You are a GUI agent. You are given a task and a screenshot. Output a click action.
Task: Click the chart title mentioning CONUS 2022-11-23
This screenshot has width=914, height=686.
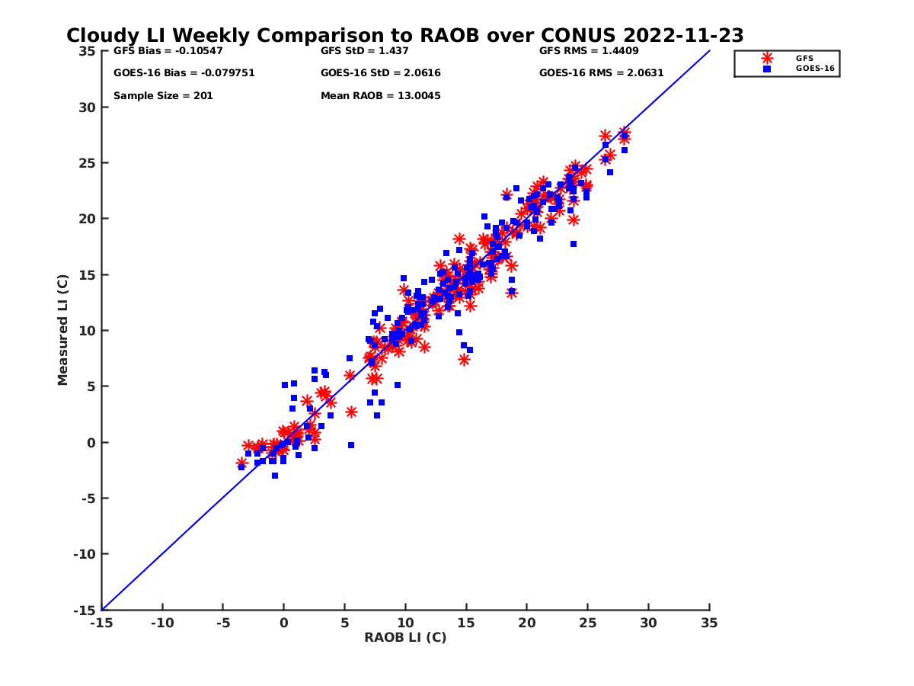(x=404, y=36)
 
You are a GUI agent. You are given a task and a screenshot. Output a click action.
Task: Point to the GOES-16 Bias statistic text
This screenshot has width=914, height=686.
(x=184, y=73)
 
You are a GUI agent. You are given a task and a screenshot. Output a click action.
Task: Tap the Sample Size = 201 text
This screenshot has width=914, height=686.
(x=163, y=96)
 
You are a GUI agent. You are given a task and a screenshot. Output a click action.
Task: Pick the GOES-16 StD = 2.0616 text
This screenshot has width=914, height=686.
(x=380, y=73)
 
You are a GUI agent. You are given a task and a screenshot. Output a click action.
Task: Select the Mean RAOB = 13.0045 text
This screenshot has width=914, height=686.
(x=380, y=96)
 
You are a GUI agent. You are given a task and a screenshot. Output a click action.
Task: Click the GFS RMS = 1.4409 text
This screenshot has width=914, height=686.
(x=589, y=51)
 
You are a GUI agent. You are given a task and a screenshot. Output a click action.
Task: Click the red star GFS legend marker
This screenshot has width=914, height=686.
(x=767, y=58)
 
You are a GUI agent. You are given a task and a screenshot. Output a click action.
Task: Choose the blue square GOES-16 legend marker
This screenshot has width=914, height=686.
(x=767, y=69)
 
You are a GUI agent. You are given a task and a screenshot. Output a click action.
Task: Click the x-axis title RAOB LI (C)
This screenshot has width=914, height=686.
(x=405, y=637)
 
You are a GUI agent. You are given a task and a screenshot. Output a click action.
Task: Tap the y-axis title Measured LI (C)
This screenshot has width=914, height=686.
(x=63, y=330)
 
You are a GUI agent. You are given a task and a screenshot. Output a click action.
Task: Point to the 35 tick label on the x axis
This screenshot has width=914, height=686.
(x=709, y=623)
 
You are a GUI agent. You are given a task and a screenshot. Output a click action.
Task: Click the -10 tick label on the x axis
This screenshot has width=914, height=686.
(x=161, y=623)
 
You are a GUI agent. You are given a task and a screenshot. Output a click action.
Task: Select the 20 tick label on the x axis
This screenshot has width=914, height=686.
(x=527, y=623)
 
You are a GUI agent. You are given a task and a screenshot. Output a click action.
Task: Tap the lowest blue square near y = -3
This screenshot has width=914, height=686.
(x=275, y=476)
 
